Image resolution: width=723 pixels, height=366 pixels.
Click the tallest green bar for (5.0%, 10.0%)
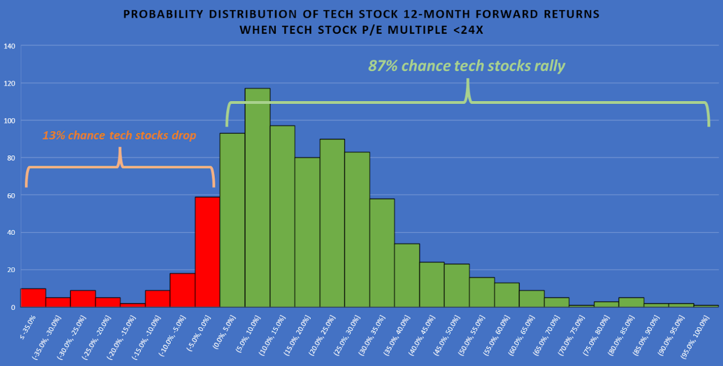tap(257, 198)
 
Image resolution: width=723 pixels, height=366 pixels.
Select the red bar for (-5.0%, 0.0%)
tap(207, 252)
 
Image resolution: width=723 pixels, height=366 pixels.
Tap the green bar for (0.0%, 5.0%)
tap(232, 220)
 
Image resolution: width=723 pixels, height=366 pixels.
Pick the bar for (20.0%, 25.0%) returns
tap(332, 223)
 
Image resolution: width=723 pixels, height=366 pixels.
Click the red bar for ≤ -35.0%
tap(33, 298)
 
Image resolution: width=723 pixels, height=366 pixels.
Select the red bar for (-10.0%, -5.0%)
tap(183, 290)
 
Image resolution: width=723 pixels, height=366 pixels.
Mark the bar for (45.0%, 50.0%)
tap(457, 285)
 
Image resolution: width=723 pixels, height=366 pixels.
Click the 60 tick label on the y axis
tap(10, 195)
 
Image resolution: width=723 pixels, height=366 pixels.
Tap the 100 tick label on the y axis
tap(8, 121)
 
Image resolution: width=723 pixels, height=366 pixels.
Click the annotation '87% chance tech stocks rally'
tap(466, 66)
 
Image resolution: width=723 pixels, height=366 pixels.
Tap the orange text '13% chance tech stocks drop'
tap(119, 136)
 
